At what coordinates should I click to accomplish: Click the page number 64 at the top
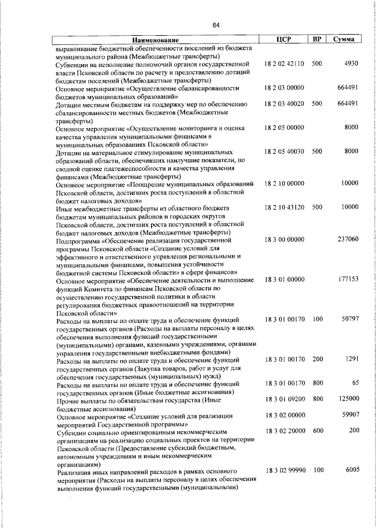coord(216,25)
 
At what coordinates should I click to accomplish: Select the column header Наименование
coord(155,39)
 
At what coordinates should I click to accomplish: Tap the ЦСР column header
coord(284,39)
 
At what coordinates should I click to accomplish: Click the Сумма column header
coord(343,39)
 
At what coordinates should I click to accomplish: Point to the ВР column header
coord(317,39)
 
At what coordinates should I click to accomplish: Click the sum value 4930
coord(351,63)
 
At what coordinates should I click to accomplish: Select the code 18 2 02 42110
coord(284,63)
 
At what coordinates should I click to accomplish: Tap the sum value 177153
coord(348,280)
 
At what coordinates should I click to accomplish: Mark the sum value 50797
coord(349,320)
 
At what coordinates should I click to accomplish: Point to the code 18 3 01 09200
coord(284,399)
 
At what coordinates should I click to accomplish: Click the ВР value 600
coord(318,431)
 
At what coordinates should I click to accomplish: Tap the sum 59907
coord(349,415)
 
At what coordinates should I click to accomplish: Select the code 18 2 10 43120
coord(284,207)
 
